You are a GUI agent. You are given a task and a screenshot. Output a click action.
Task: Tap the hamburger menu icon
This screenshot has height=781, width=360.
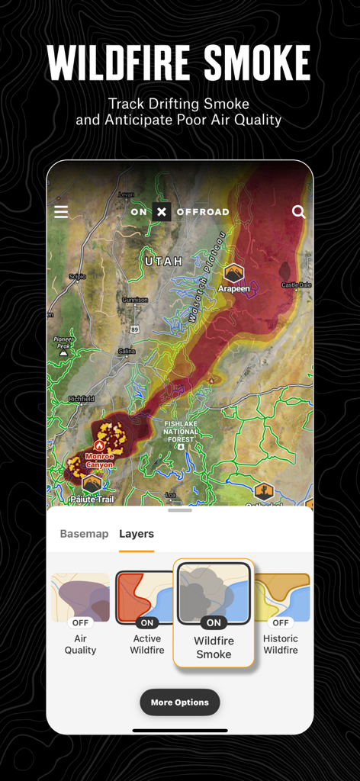61,211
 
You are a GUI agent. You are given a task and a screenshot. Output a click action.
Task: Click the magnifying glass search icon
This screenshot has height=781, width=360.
299,211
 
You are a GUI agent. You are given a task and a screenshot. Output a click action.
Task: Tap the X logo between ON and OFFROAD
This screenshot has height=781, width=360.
161,212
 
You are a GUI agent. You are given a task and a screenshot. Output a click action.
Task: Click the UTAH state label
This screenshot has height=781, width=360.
164,261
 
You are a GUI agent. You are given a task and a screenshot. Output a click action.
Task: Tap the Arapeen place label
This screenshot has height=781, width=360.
234,290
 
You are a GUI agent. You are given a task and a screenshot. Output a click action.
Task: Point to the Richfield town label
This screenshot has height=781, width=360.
82,399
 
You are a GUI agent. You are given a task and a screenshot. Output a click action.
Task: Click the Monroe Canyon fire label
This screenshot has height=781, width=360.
99,460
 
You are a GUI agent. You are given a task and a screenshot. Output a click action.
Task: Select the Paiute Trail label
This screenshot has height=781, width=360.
92,498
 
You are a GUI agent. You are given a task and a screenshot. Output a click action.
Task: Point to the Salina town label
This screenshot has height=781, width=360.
127,351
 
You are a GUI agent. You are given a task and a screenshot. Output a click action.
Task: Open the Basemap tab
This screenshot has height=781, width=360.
84,534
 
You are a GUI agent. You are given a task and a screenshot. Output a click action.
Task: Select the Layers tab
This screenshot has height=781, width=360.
137,534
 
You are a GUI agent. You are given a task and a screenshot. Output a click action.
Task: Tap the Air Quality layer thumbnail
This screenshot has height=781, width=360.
80,598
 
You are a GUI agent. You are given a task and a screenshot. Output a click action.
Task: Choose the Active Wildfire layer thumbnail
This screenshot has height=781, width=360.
146,598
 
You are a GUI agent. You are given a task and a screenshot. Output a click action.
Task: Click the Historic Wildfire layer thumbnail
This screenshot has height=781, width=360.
281,598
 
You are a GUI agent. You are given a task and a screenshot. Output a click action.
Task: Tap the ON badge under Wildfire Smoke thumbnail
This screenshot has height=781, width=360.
214,623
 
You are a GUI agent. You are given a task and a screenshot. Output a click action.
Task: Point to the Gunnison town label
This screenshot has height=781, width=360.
136,301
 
